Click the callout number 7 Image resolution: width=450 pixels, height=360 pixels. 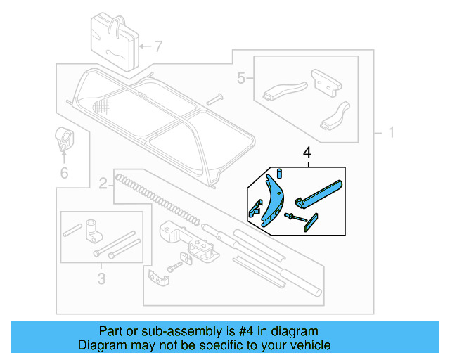158,48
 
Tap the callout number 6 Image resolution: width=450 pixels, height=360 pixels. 64,172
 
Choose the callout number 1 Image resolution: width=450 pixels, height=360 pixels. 390,132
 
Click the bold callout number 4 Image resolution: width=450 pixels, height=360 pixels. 307,152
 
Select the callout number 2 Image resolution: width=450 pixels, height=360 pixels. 103,185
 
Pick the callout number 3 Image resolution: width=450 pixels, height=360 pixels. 101,279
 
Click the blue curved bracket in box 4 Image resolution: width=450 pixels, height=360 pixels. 271,199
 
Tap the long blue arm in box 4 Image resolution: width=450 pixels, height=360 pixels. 320,193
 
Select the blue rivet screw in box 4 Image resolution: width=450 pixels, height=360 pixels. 295,219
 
